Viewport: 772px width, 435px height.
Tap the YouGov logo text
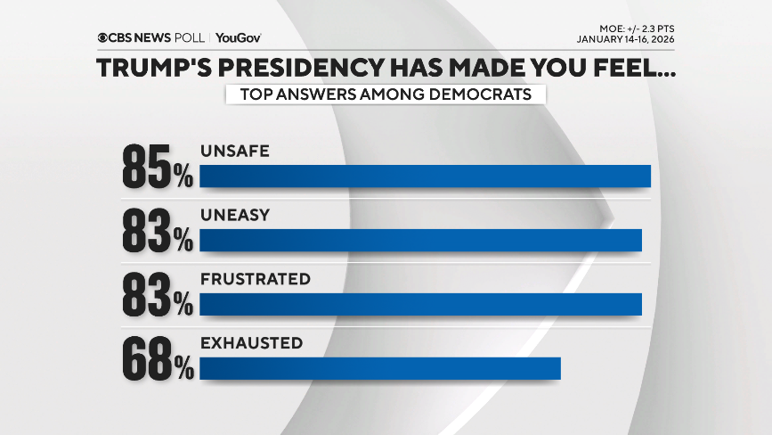(x=238, y=38)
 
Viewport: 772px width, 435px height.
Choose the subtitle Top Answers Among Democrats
(x=386, y=94)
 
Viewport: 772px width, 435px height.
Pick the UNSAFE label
(x=234, y=152)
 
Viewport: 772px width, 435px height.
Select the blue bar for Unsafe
(x=425, y=176)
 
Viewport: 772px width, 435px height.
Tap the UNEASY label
(x=234, y=216)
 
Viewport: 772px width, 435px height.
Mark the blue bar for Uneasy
(x=420, y=240)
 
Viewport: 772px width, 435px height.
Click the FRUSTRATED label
(x=255, y=279)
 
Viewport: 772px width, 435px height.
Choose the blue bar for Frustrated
(x=420, y=304)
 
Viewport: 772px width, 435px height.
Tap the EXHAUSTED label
(x=251, y=343)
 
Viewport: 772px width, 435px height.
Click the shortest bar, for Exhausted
(x=379, y=368)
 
